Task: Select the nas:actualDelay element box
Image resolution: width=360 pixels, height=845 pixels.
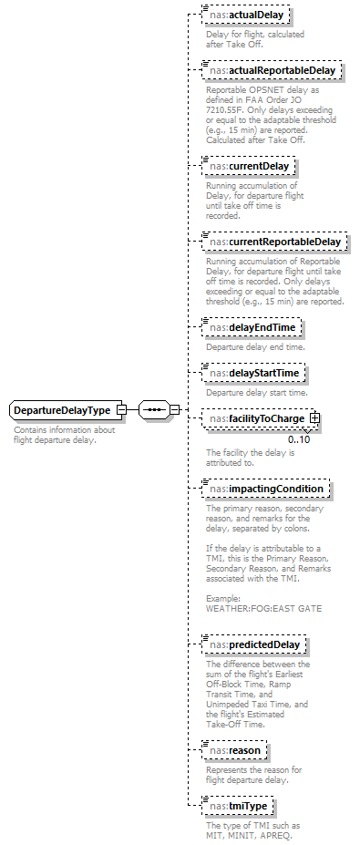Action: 239,15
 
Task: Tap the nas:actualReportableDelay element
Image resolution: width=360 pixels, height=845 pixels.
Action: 271,69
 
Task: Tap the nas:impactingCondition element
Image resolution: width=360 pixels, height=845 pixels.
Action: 266,488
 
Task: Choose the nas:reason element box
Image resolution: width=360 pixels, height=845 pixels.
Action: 234,750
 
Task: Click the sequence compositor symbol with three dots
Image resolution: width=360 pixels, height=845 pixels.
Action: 154,409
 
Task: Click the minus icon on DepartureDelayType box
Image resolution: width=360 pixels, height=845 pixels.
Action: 121,410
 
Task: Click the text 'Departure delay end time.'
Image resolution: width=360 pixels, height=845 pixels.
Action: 254,346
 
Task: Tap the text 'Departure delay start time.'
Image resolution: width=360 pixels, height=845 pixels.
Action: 256,392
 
